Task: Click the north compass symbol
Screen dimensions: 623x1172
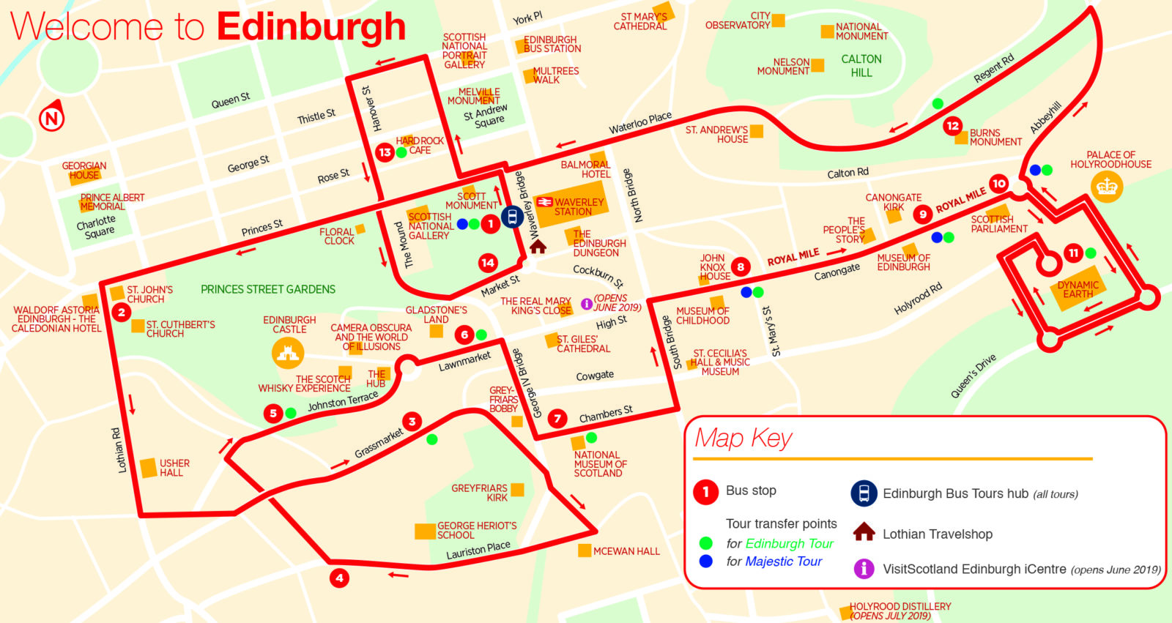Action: pos(51,117)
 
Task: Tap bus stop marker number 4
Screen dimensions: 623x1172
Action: pos(339,578)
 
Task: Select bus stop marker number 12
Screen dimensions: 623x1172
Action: pos(952,126)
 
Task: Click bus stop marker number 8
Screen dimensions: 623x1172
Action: pos(741,267)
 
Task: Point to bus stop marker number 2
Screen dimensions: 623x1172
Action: pos(121,313)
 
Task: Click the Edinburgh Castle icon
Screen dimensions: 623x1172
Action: pos(287,354)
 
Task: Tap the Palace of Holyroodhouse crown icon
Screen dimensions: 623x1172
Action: pos(1106,187)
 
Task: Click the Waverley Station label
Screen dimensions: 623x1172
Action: pos(578,207)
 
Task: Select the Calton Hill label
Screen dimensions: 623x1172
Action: pos(861,65)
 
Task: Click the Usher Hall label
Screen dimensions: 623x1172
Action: pos(174,468)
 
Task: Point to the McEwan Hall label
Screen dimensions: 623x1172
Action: pos(626,551)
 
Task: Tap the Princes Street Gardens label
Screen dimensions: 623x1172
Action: pos(268,289)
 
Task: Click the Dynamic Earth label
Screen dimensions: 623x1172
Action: pos(1078,289)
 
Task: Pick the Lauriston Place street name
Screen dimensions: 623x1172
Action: pos(478,551)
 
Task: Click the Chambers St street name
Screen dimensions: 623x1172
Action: pos(606,414)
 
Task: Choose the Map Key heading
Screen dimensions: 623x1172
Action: pos(743,438)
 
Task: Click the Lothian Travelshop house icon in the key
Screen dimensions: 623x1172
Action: pos(864,532)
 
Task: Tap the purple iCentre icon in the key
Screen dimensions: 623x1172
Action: pos(864,568)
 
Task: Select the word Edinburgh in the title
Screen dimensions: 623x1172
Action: pos(311,27)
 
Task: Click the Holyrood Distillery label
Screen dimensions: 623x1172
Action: pos(900,611)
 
